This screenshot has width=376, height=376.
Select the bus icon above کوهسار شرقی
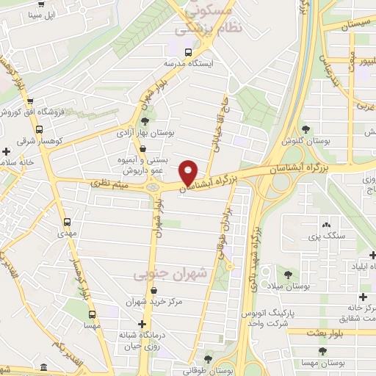[29, 126]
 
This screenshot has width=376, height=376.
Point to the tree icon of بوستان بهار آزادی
[145, 120]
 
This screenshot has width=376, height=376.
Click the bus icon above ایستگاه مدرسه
[188, 52]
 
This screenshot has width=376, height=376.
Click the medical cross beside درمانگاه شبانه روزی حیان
[142, 324]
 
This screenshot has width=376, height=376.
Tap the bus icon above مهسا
[93, 312]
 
